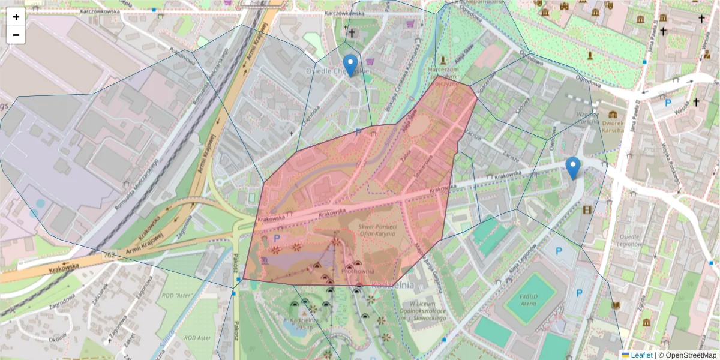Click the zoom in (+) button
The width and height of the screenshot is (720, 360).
[16, 17]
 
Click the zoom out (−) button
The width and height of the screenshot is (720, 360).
[16, 35]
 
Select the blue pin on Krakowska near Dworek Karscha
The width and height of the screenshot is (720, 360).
[573, 167]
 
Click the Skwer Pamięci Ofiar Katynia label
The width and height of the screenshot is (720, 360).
[377, 230]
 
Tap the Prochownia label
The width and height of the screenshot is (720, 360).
[358, 271]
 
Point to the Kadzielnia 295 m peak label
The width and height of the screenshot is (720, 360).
[303, 325]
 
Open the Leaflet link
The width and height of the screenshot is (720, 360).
[641, 355]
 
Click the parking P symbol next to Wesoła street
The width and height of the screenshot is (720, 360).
[668, 103]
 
